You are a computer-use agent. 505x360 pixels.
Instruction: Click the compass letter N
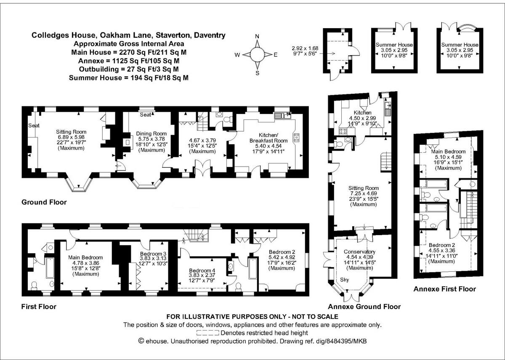point(257,37)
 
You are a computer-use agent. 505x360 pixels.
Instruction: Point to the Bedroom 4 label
point(202,270)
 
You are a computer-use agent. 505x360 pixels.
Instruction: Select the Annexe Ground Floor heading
point(364,307)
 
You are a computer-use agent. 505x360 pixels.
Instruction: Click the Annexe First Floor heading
point(444,289)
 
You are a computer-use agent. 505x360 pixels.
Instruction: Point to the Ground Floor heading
point(44,202)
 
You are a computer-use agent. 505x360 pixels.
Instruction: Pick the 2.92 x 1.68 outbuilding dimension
point(305,48)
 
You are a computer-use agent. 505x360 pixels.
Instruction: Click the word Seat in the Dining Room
point(145,114)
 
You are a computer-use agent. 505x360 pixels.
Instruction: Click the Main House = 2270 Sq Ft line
point(129,53)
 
